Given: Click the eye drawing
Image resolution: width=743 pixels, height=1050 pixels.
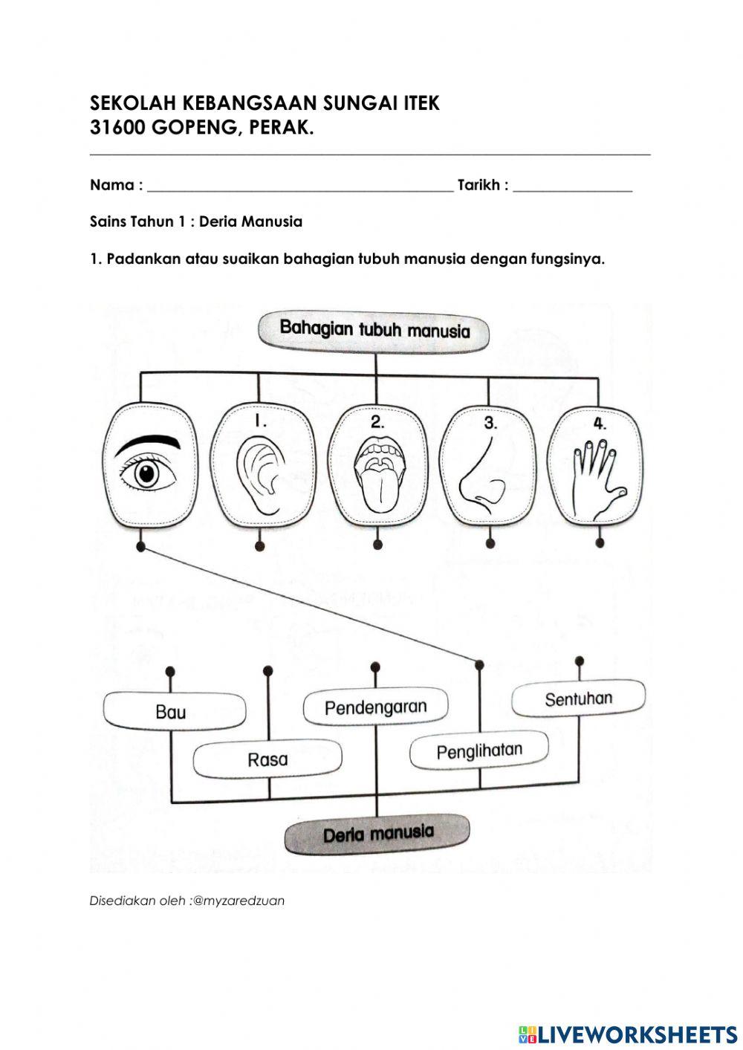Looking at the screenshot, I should (x=149, y=465).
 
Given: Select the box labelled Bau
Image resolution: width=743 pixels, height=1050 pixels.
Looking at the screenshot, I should (x=172, y=711).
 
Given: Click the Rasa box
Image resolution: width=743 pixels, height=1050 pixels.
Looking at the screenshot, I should (x=267, y=759).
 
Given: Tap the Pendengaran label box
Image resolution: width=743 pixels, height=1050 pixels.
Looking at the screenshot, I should (x=375, y=707).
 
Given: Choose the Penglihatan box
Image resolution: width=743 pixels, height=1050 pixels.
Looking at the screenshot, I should (x=479, y=751).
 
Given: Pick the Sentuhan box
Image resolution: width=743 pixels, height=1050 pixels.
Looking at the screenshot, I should (x=578, y=699).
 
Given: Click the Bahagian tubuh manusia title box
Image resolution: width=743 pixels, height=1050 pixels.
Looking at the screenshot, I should (x=374, y=329).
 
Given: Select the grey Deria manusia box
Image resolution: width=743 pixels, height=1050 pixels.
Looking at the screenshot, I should (x=377, y=834).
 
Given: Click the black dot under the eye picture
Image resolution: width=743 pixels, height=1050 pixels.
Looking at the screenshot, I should (x=140, y=547).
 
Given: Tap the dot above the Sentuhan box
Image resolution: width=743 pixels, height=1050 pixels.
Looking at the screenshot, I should (x=580, y=661).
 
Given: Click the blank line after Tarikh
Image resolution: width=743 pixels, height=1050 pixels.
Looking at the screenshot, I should (x=572, y=186).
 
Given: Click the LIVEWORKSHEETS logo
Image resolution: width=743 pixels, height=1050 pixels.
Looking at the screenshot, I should (x=628, y=1034).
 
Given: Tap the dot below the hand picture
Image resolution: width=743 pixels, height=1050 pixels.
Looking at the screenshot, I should (x=600, y=543).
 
